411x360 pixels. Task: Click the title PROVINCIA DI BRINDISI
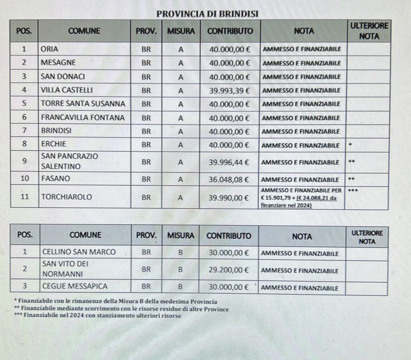point(207,14)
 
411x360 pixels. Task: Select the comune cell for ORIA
point(50,49)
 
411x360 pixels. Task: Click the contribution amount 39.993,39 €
point(229,90)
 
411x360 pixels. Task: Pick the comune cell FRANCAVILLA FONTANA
point(83,118)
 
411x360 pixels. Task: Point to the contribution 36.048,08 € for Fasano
point(229,179)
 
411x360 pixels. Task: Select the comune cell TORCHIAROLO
point(66,197)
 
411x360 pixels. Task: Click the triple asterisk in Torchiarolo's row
point(353,190)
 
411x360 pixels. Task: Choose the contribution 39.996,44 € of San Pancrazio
point(229,162)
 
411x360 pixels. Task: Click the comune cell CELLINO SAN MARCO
point(79,252)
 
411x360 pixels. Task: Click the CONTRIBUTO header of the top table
point(230,31)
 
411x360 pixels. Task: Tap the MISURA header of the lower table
point(181,236)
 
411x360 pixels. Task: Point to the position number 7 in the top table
point(24,131)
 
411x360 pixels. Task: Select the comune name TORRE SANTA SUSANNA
point(83,104)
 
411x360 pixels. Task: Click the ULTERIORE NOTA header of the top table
point(369,31)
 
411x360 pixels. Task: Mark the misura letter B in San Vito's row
point(181,270)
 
